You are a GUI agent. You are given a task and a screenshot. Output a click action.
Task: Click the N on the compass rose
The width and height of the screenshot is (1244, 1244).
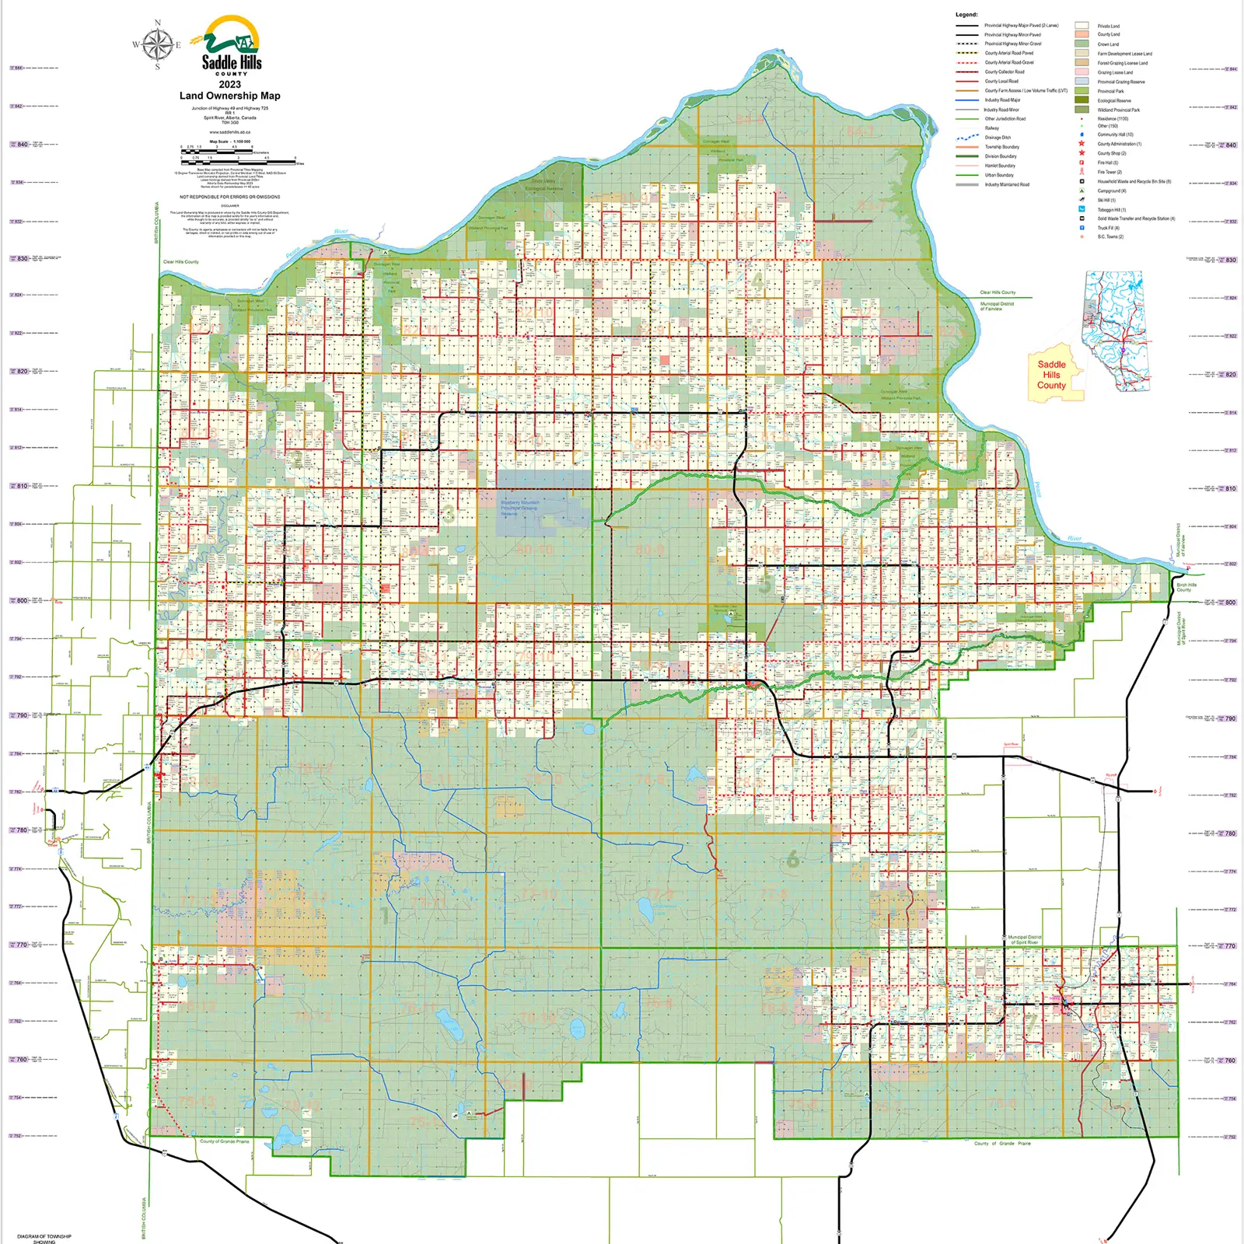click(x=158, y=23)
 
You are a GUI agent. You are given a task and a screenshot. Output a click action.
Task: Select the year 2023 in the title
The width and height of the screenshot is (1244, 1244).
click(x=229, y=84)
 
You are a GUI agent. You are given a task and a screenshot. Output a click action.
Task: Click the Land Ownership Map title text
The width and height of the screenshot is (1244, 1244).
click(x=229, y=96)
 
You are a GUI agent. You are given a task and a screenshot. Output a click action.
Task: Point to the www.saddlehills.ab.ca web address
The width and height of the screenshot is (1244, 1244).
click(x=229, y=132)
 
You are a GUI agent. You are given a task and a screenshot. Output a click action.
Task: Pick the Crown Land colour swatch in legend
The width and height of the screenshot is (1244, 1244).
click(x=1082, y=44)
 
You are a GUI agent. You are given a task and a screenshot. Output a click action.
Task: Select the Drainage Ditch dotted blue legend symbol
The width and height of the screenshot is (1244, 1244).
click(x=967, y=138)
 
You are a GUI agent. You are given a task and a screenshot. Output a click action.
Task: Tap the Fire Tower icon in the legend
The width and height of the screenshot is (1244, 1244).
click(x=1082, y=172)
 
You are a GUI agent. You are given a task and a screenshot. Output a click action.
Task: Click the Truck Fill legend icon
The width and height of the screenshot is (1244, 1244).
click(x=1082, y=228)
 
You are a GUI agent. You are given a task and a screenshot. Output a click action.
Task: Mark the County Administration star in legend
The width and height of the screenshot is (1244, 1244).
click(x=1082, y=144)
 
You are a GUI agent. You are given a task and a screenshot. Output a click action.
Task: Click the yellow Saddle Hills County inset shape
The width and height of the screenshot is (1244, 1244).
click(x=1054, y=375)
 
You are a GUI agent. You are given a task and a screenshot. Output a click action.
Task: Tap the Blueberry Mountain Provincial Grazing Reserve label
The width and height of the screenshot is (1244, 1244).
click(x=519, y=508)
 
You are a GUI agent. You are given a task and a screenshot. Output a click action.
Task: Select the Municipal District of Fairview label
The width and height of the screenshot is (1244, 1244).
click(x=997, y=306)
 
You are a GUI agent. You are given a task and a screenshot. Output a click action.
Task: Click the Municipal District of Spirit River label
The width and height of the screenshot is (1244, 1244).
click(x=1023, y=940)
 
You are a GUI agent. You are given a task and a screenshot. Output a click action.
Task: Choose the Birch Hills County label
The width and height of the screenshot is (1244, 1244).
click(x=1186, y=587)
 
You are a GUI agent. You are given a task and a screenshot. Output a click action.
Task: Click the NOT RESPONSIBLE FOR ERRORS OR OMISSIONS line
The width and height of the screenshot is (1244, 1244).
click(x=229, y=197)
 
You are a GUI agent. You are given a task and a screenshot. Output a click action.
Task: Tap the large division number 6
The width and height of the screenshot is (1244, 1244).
click(x=792, y=859)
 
